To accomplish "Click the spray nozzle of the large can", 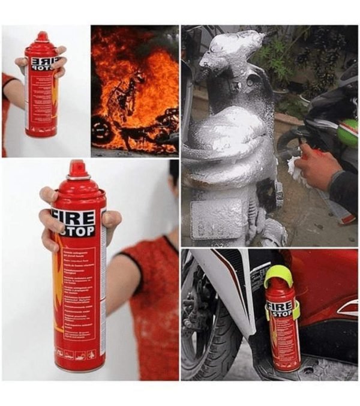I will pyautogui.click(x=77, y=169).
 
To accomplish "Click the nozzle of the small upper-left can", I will pyautogui.click(x=42, y=37).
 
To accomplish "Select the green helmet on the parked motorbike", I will pyautogui.click(x=348, y=132).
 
